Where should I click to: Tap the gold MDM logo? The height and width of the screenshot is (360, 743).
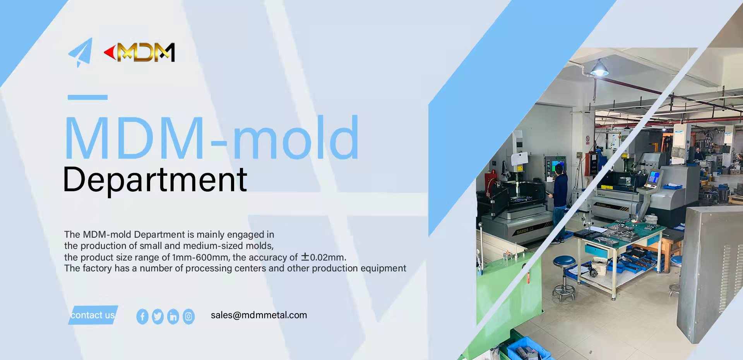(x=140, y=52)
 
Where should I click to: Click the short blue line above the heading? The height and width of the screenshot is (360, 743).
(x=87, y=97)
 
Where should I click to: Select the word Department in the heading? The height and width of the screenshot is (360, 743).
(x=155, y=180)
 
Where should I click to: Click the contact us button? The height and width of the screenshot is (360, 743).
(x=93, y=315)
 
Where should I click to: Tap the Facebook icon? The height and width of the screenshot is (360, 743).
(x=142, y=317)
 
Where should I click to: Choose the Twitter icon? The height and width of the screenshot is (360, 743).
(x=158, y=317)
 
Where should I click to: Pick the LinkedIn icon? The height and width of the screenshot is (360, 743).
(x=173, y=317)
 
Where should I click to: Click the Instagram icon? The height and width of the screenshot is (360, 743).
(x=188, y=317)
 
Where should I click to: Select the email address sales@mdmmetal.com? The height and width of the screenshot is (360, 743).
(x=259, y=315)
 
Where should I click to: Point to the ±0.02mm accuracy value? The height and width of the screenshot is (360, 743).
(x=323, y=257)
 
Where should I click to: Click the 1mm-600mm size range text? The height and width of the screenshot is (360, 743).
(x=200, y=257)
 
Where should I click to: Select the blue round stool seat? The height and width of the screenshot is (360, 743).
(x=564, y=261)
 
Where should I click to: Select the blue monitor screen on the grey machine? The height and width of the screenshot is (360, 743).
(x=654, y=177)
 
